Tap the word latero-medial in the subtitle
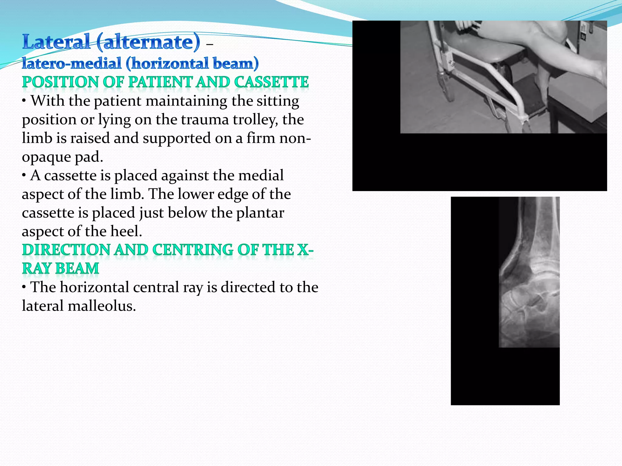[72, 64]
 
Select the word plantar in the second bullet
[260, 213]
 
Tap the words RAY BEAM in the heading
[60, 268]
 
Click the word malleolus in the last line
[101, 306]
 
